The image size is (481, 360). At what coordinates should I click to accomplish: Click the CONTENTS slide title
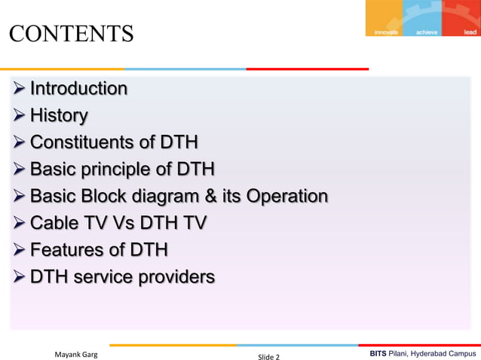click(71, 34)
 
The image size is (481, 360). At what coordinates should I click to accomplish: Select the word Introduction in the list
click(78, 89)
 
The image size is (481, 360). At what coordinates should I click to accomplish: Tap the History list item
click(59, 116)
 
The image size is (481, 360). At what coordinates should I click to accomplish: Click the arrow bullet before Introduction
click(19, 90)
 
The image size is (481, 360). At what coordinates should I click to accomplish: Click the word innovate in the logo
click(387, 32)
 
